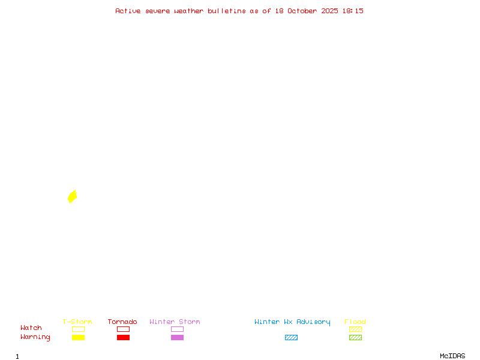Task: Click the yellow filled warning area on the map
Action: [72, 197]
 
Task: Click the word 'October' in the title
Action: [302, 11]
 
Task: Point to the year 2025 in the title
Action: [329, 11]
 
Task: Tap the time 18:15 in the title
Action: [353, 11]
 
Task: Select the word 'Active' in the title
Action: [128, 11]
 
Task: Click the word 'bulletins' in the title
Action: [227, 11]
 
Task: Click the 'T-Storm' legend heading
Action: [77, 322]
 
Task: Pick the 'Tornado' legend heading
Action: [122, 322]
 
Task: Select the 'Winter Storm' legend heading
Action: [175, 322]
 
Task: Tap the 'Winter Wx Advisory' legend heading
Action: [292, 322]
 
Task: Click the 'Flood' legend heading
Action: [355, 322]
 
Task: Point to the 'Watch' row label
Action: [31, 328]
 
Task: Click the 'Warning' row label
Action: [35, 337]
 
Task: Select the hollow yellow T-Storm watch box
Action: [79, 326]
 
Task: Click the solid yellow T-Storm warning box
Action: [79, 337]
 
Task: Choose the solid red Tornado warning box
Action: [124, 337]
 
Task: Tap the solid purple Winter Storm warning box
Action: [177, 337]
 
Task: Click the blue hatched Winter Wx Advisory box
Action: [291, 337]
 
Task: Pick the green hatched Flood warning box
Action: [355, 337]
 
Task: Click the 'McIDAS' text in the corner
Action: [452, 356]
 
